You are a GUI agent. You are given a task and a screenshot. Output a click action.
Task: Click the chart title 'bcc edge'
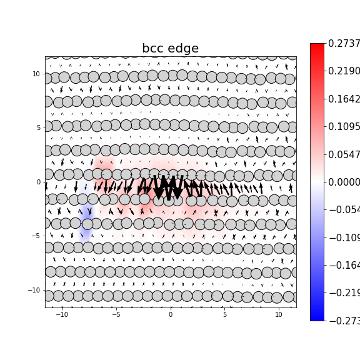pos(170,49)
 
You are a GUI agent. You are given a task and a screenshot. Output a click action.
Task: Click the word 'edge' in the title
pos(183,49)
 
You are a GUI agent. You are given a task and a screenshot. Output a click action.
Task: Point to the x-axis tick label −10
pos(61,314)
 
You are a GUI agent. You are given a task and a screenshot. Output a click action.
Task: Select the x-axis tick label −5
pos(116,314)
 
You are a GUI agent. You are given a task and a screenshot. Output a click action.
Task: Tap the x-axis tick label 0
pos(170,314)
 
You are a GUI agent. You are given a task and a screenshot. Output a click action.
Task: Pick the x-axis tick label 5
pos(224,314)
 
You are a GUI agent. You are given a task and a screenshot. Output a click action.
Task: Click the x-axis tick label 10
pos(279,314)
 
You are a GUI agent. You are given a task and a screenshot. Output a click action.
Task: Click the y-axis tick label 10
pos(36,74)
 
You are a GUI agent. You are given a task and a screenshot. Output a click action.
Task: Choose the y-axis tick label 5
pos(38,127)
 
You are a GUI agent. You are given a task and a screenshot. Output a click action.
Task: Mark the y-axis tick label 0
pos(38,182)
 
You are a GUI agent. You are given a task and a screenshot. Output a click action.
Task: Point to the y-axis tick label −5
pos(36,236)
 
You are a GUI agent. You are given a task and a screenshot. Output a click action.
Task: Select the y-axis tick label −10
pos(34,290)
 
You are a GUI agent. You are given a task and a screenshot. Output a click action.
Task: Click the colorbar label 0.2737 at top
pos(344,44)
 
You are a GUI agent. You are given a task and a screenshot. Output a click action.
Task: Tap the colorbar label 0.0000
pos(344,182)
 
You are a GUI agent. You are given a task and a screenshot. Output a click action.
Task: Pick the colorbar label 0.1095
pos(344,127)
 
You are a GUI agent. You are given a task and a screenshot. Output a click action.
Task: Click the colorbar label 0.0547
pos(344,154)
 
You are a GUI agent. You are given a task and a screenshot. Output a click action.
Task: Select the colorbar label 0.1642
pos(344,99)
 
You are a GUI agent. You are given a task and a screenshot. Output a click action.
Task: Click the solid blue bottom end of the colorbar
pos(317,316)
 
